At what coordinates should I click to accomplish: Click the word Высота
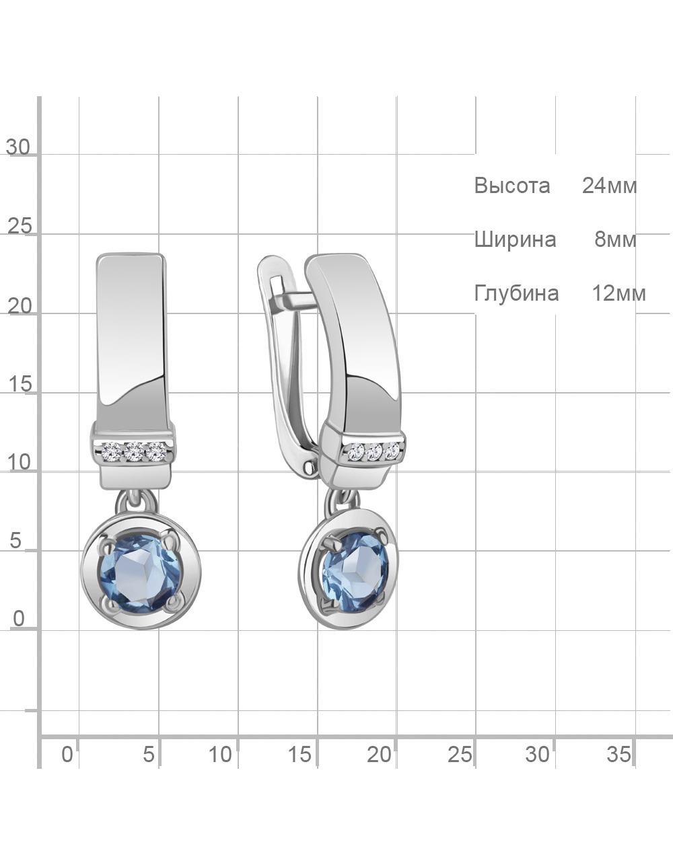(x=512, y=186)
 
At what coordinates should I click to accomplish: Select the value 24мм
(x=610, y=186)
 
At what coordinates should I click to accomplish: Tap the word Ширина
(x=515, y=240)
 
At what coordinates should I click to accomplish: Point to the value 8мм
(x=615, y=239)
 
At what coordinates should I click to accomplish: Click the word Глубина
(x=516, y=294)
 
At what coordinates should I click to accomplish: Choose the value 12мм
(x=619, y=294)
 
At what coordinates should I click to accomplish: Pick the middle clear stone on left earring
(x=134, y=452)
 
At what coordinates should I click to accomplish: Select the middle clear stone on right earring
(x=375, y=453)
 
